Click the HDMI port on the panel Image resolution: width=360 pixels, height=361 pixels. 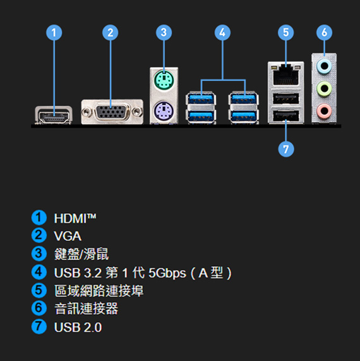[x=54, y=115]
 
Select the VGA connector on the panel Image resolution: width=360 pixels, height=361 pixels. [x=112, y=112]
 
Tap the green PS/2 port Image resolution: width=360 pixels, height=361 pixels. [x=164, y=80]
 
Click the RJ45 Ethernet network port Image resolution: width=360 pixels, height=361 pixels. [x=286, y=74]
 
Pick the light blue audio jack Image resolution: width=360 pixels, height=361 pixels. [x=324, y=66]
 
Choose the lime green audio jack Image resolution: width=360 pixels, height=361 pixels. [x=324, y=88]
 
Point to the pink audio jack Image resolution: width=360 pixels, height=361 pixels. [x=324, y=111]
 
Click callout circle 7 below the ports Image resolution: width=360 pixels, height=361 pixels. [x=286, y=149]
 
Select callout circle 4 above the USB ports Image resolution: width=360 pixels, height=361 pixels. [x=222, y=32]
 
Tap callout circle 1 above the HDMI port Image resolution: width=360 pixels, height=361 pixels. [x=54, y=32]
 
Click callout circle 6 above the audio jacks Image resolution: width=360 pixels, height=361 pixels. [x=324, y=32]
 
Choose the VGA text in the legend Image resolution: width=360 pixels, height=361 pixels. [x=68, y=236]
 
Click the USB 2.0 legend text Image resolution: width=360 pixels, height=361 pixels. [x=78, y=327]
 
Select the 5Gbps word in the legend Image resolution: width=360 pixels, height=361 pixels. [x=167, y=273]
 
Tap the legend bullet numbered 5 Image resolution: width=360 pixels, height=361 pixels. [x=39, y=290]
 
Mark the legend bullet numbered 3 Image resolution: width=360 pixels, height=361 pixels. [x=39, y=254]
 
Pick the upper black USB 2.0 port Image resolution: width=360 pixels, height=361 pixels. [x=286, y=99]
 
